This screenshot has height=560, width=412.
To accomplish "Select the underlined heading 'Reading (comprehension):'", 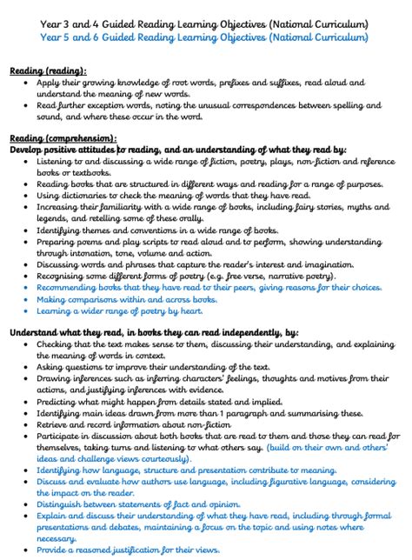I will tap(63, 137).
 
